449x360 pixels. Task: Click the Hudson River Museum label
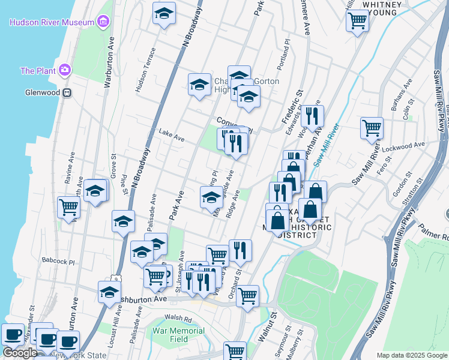coord(52,22)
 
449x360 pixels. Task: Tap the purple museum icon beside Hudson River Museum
coord(103,22)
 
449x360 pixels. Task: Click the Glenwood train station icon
coord(67,93)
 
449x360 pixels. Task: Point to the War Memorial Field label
coord(178,335)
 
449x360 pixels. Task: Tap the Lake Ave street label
coord(171,137)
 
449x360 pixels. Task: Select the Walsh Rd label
coord(179,319)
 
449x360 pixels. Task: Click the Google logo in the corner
coord(19,352)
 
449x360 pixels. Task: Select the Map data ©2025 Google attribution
coord(412,355)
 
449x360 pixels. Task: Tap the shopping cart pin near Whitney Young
coord(357,21)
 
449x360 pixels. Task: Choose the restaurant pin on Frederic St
coord(313,115)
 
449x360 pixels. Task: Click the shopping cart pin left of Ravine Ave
coord(69,207)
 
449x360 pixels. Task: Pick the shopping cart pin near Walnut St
coord(247,295)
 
